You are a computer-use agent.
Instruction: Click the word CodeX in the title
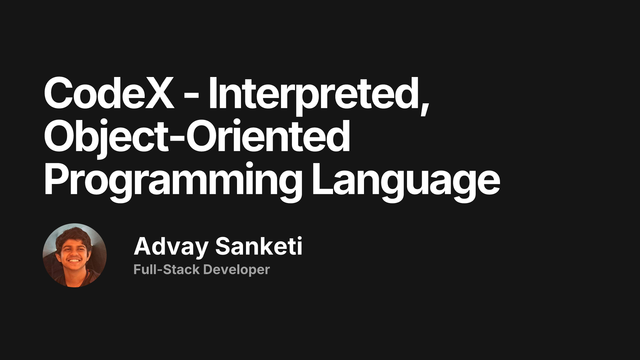(109, 93)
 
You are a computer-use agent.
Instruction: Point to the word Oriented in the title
(268, 137)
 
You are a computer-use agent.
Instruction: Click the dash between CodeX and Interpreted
(191, 95)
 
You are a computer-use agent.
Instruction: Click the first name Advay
(171, 247)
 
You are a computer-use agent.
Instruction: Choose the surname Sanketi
(259, 247)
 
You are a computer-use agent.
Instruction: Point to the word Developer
(236, 269)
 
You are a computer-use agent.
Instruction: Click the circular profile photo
(75, 255)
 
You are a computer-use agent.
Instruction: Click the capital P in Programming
(57, 180)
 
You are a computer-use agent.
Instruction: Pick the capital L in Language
(322, 180)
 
